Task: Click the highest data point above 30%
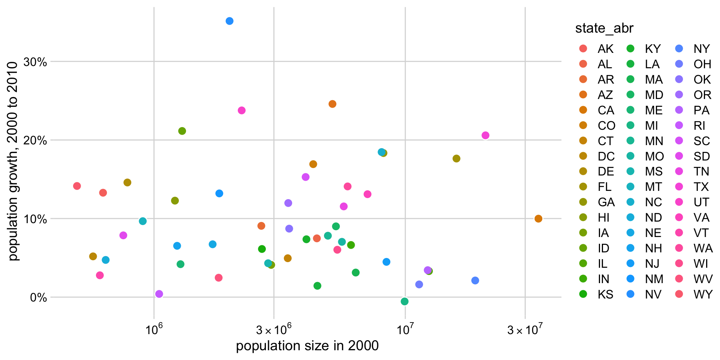click(229, 21)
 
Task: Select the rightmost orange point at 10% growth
click(538, 219)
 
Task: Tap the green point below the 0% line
click(404, 301)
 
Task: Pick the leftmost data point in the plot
click(77, 186)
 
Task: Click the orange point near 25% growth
click(332, 104)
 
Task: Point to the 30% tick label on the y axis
click(35, 62)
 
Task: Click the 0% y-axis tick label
click(38, 298)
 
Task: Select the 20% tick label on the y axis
click(35, 141)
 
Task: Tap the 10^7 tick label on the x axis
click(405, 330)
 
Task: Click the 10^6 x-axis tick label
click(154, 330)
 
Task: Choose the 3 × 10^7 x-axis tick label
click(525, 330)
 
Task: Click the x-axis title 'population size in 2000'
click(307, 346)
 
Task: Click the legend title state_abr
click(604, 28)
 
